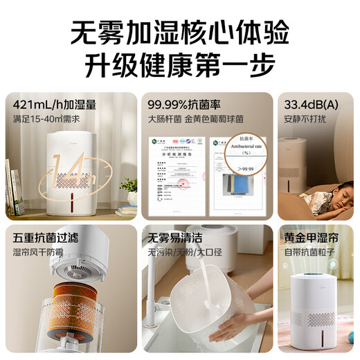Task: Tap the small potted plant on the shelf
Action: click(129, 185)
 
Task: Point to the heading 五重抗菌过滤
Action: click(46, 237)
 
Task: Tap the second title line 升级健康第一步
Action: click(180, 66)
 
